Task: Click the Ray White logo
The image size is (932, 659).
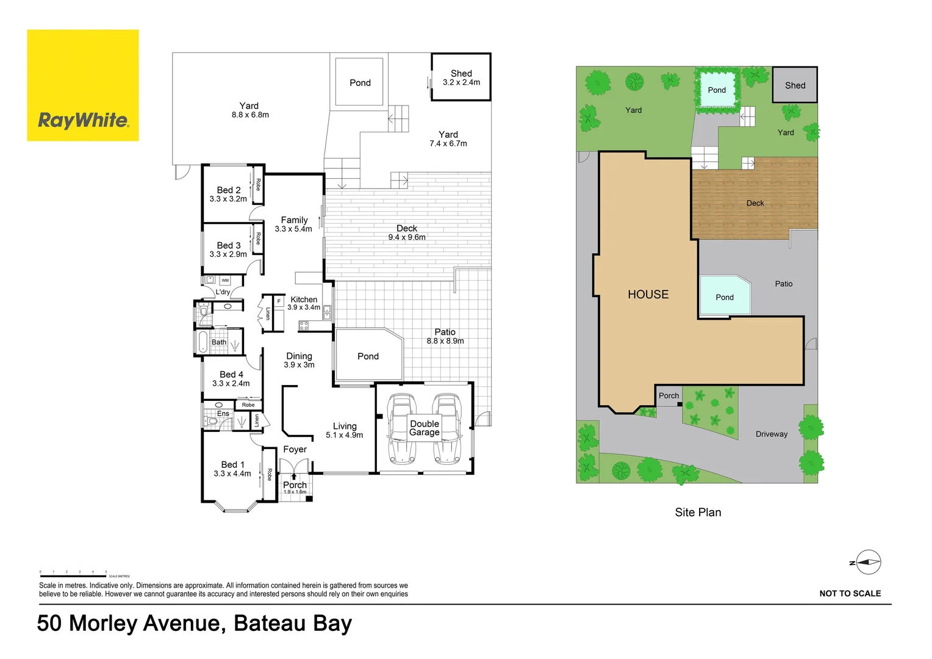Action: pos(83,85)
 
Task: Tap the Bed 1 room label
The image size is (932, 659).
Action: pos(232,464)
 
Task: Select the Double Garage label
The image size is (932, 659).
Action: pos(425,428)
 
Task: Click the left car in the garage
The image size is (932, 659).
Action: pos(401,428)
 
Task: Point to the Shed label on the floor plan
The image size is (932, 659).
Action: pos(461,73)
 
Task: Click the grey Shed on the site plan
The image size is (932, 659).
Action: pos(795,85)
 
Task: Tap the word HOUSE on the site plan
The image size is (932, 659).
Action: pos(648,295)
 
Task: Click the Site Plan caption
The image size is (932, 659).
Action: pos(698,513)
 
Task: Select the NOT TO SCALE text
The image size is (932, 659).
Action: pos(850,593)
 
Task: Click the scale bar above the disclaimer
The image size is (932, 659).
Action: pos(73,575)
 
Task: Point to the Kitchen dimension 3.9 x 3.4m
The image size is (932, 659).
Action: pos(304,308)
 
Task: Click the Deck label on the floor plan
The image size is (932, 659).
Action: pos(407,228)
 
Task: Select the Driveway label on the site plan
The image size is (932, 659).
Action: pos(772,434)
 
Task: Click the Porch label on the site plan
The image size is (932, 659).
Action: pos(669,395)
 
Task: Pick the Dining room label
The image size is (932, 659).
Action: pos(299,356)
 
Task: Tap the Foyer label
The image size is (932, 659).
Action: pos(295,449)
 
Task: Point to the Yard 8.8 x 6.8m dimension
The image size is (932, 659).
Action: pos(250,115)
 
